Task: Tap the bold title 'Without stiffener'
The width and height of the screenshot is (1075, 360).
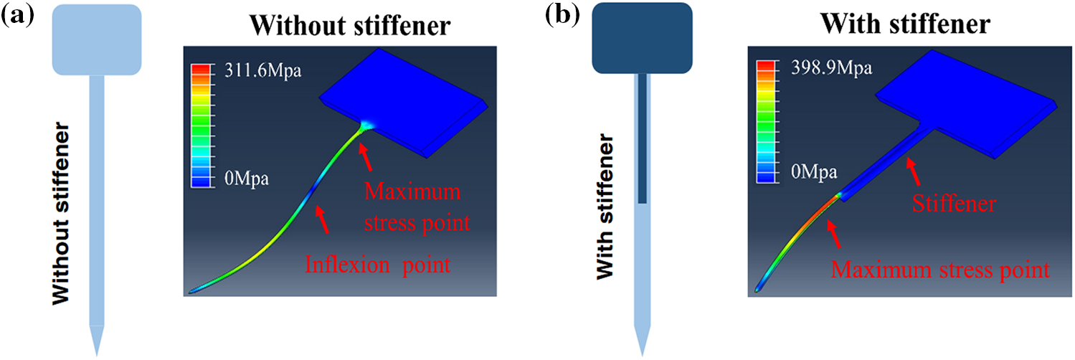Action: [351, 27]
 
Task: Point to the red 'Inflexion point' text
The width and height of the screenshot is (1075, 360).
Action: [378, 265]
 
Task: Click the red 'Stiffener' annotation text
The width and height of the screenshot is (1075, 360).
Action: [954, 204]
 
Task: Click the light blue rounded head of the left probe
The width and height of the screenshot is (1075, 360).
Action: [97, 39]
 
